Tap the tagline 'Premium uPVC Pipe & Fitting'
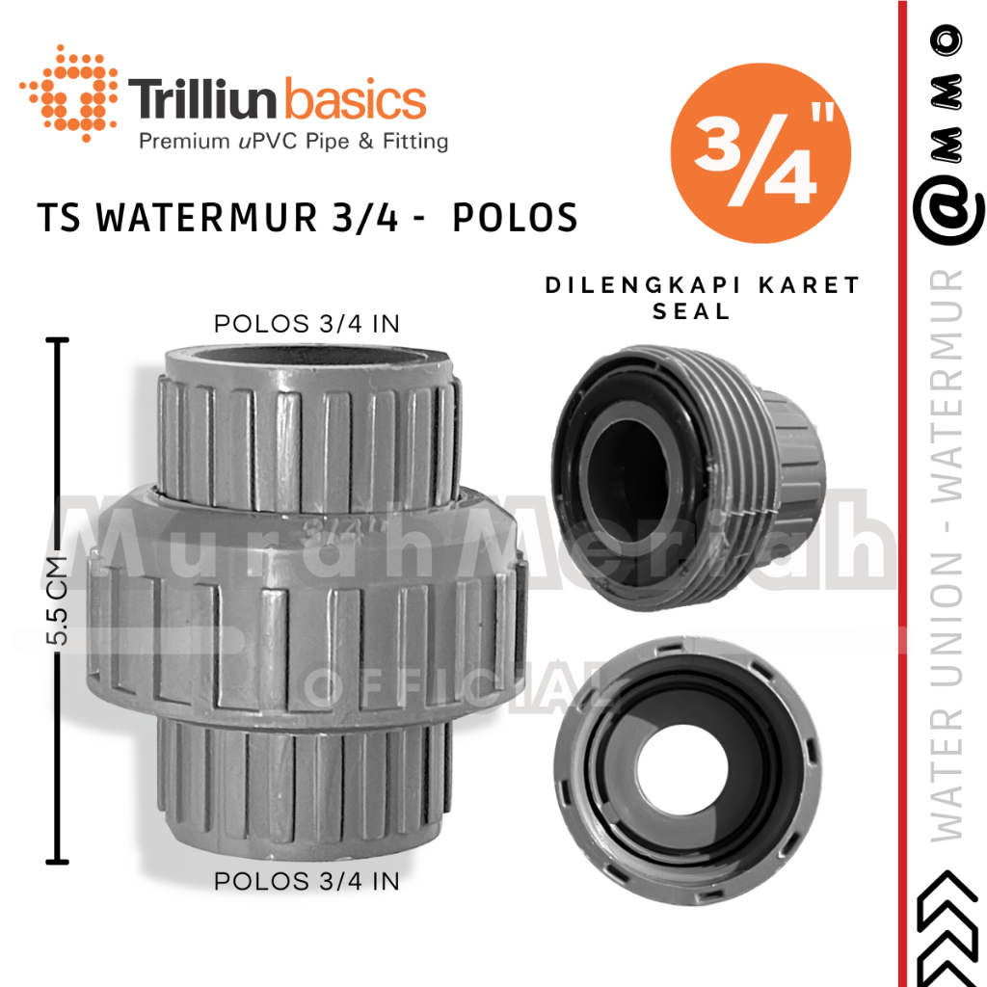pyautogui.click(x=294, y=143)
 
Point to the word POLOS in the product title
pyautogui.click(x=516, y=219)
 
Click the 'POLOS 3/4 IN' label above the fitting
pyautogui.click(x=307, y=323)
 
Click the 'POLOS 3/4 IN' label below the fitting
pyautogui.click(x=307, y=880)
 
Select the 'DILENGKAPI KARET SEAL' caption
pyautogui.click(x=702, y=298)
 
